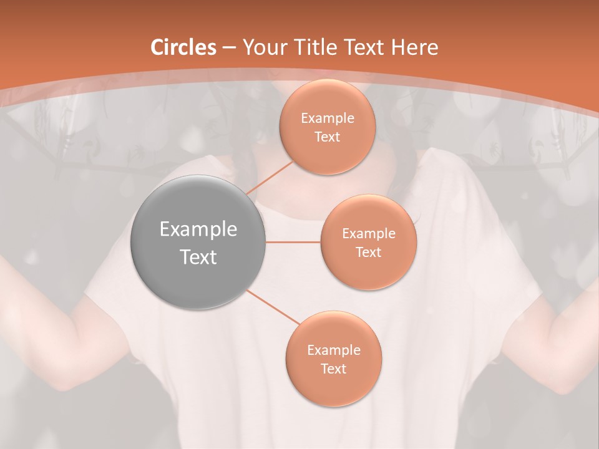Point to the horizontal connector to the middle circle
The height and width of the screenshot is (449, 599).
coord(293,242)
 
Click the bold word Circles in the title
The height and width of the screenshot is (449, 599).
coord(183,47)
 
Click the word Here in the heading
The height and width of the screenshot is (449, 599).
coord(415,47)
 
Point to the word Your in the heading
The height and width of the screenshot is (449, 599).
coord(264,47)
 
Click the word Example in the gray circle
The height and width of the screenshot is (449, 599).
coord(198,229)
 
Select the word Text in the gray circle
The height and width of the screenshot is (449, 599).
coord(198,257)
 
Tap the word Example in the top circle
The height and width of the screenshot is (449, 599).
coord(328,118)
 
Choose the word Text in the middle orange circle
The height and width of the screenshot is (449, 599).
coord(368,252)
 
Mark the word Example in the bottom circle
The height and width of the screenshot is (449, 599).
coord(334,350)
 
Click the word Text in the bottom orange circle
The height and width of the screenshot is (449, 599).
coord(334,369)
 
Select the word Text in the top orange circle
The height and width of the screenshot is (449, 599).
coord(328,137)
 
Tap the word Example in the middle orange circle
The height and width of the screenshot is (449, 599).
coord(368,234)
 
